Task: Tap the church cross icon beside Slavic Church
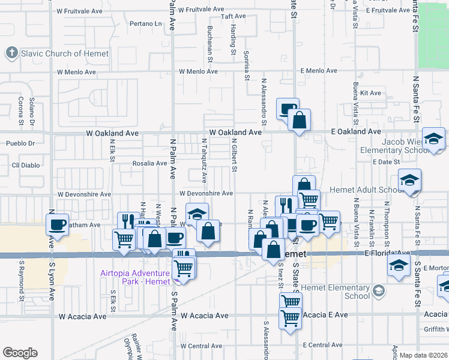coord(11,53)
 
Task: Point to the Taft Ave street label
coord(234,16)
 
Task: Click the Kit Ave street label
coord(370,93)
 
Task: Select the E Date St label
coord(386,163)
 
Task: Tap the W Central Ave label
coord(205,346)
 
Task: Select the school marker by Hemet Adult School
coord(409,181)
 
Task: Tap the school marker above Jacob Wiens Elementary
coord(433,140)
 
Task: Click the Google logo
coord(20,353)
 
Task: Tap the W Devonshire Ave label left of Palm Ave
coord(85,194)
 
